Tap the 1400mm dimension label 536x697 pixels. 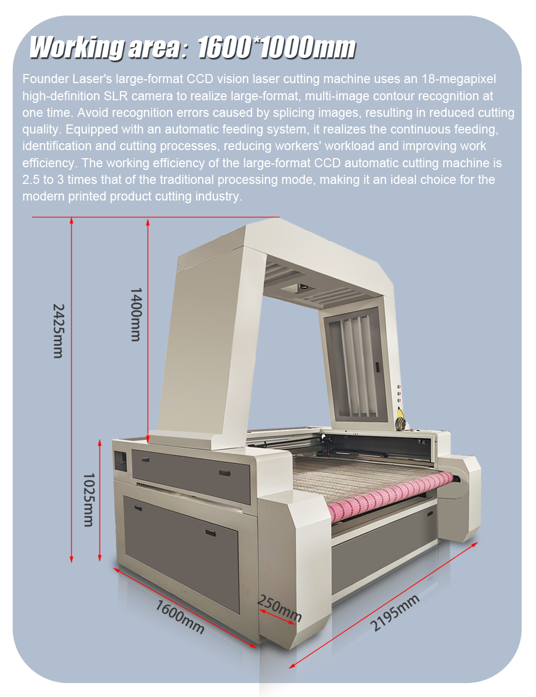(136, 315)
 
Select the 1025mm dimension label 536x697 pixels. (89, 500)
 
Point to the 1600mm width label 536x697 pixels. (180, 616)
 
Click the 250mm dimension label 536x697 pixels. (280, 608)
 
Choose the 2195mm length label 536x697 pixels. (394, 613)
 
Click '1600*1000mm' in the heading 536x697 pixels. (276, 48)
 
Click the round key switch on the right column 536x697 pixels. (399, 422)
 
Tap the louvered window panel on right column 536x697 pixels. (355, 365)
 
